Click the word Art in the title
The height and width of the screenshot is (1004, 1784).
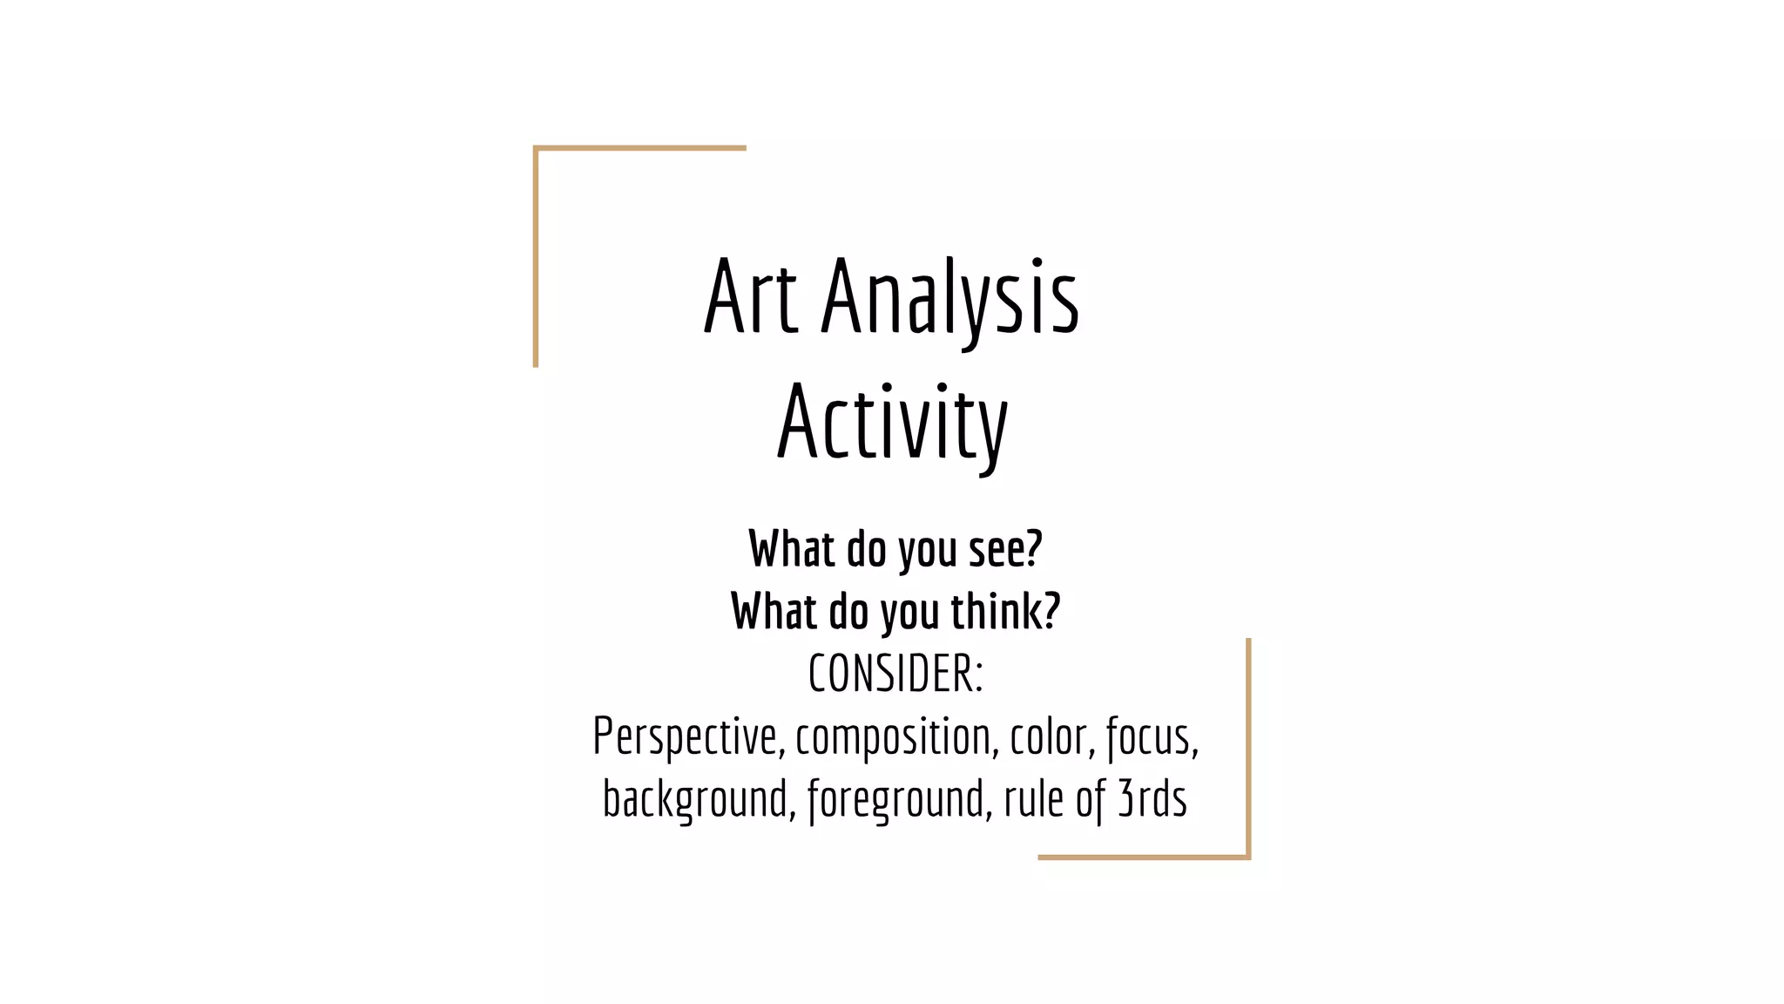pyautogui.click(x=750, y=297)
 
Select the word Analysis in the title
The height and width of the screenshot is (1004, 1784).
pyautogui.click(x=950, y=297)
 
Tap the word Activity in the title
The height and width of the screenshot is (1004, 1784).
pyautogui.click(x=892, y=424)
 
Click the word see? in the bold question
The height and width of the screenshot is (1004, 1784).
pyautogui.click(x=1005, y=550)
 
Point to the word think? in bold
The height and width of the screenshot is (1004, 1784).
pyautogui.click(x=1005, y=611)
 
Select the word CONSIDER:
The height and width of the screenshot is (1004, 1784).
pyautogui.click(x=895, y=674)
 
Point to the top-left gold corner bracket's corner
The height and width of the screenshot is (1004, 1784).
pyautogui.click(x=536, y=149)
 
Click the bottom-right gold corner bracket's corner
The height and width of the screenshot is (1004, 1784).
pyautogui.click(x=1247, y=857)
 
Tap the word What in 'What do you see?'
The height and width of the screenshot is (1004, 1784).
pyautogui.click(x=792, y=550)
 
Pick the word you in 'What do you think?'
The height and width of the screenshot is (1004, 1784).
pyautogui.click(x=909, y=611)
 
